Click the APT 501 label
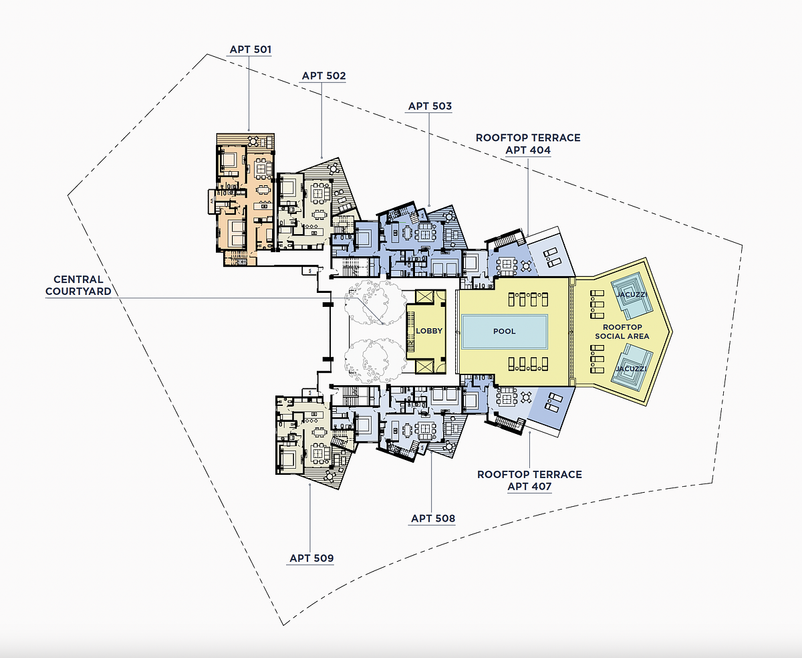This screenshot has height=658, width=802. click(250, 49)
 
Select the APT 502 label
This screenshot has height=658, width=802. click(323, 76)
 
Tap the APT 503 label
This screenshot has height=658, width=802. click(430, 106)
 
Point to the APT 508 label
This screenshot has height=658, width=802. click(433, 518)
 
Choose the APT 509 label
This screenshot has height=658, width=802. click(311, 558)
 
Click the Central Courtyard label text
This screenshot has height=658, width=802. click(78, 286)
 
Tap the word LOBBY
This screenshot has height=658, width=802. click(429, 331)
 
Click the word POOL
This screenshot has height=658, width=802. click(504, 332)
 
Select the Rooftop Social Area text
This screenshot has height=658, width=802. click(622, 332)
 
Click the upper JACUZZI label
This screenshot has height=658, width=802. click(632, 295)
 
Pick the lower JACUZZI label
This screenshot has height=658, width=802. click(631, 368)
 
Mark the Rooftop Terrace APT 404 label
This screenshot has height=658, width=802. click(528, 144)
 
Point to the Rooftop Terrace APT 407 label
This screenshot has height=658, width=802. click(529, 480)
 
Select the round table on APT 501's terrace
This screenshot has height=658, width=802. click(253, 141)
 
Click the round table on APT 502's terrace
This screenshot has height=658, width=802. click(332, 168)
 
